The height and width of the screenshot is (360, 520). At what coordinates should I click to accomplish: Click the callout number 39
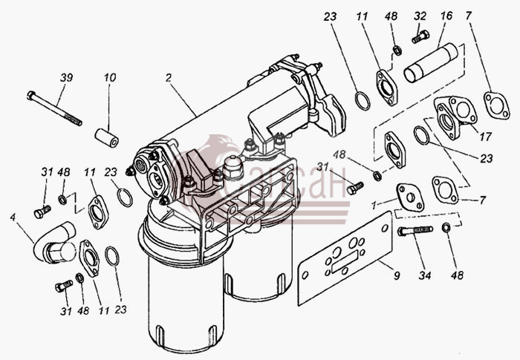(x=66, y=78)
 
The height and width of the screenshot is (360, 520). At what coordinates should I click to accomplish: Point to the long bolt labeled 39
(x=54, y=108)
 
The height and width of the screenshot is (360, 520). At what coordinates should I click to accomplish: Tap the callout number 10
(x=110, y=78)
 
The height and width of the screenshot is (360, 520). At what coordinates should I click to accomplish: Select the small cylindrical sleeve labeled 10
(x=106, y=138)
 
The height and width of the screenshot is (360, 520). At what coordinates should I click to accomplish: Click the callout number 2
(x=169, y=78)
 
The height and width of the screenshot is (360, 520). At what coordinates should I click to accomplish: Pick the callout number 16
(x=446, y=16)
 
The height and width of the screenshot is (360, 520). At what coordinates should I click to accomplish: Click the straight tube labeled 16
(x=431, y=62)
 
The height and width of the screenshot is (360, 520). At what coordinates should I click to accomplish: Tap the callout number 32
(x=420, y=16)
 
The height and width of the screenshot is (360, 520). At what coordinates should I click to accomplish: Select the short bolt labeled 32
(x=420, y=36)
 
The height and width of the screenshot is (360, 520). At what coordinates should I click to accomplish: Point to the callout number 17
(x=485, y=137)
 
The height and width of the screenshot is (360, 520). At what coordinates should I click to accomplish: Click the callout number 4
(x=13, y=217)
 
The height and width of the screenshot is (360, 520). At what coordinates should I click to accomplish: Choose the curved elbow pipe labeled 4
(x=55, y=242)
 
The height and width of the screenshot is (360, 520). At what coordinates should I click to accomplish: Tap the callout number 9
(x=397, y=275)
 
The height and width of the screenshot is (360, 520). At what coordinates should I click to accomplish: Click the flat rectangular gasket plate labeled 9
(x=345, y=258)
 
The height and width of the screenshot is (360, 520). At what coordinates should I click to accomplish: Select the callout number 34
(x=425, y=275)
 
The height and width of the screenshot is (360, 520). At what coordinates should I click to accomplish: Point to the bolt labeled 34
(x=415, y=230)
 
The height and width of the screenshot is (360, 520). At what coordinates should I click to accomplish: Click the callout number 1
(x=374, y=206)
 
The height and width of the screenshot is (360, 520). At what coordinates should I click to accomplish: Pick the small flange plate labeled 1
(x=410, y=197)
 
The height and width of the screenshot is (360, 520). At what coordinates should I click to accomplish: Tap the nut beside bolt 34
(x=446, y=227)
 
